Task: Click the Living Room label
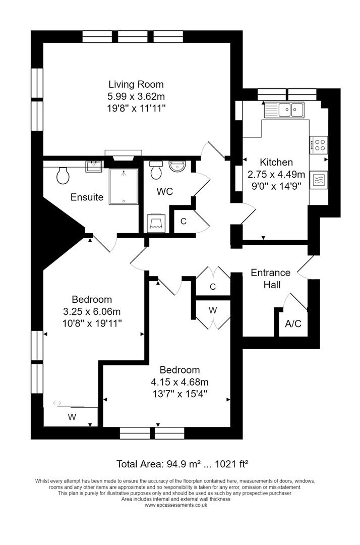(136, 84)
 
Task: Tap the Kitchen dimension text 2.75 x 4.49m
(276, 174)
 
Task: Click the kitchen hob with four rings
(319, 145)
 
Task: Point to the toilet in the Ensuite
(64, 175)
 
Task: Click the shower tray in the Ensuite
(123, 186)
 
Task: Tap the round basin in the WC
(177, 167)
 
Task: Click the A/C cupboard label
(293, 323)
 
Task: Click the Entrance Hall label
(271, 279)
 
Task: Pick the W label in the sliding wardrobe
(72, 417)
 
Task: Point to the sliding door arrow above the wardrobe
(56, 402)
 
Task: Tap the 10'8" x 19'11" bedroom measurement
(92, 322)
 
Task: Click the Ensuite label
(87, 197)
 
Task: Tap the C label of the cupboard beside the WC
(184, 221)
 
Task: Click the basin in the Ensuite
(94, 166)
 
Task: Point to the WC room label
(165, 192)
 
